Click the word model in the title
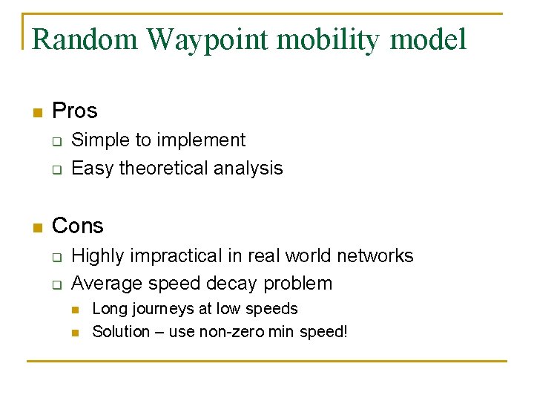coord(430,39)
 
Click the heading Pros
coord(75,111)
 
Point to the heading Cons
coord(78,226)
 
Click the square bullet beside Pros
coord(37,113)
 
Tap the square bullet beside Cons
coord(37,227)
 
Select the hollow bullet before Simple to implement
coord(56,141)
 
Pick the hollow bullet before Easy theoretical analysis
coord(56,169)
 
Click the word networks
coord(375,256)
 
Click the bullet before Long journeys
coord(76,310)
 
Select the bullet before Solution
coord(76,333)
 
